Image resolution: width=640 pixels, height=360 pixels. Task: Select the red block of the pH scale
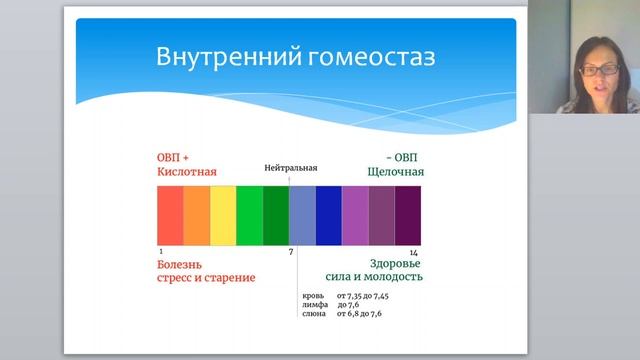click(x=170, y=215)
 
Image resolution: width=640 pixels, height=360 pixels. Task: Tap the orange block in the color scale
click(x=196, y=215)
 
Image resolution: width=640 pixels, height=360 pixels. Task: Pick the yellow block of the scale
click(x=223, y=215)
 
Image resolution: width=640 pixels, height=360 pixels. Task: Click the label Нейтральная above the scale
click(x=290, y=168)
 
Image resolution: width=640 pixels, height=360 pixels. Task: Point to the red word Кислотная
click(x=186, y=172)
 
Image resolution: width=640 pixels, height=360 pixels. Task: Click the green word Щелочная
click(x=396, y=172)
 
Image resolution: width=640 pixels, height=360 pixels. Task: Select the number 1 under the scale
click(x=160, y=252)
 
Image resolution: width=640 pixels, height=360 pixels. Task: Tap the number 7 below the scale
click(x=291, y=252)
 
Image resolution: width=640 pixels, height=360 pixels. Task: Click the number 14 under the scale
click(x=413, y=252)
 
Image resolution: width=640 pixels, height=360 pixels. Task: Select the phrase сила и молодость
click(x=375, y=277)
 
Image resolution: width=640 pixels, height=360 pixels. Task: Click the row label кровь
click(x=313, y=297)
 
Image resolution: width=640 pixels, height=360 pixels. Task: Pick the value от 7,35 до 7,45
click(x=364, y=297)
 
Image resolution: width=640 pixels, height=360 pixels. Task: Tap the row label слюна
click(x=314, y=314)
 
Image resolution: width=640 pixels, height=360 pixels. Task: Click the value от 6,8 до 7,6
click(x=359, y=314)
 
